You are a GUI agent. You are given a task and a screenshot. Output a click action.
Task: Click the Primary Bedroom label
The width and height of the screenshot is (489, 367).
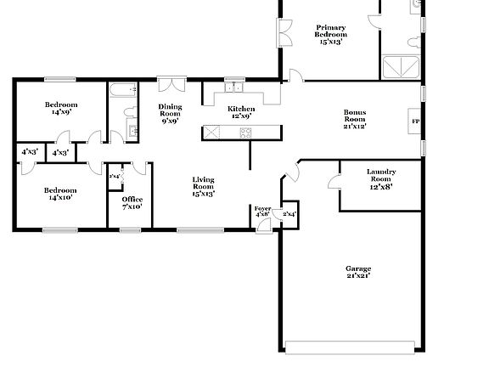point(331,34)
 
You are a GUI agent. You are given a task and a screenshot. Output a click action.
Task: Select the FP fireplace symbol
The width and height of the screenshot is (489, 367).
point(415,121)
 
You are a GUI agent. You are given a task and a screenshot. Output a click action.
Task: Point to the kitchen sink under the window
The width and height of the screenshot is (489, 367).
point(233,88)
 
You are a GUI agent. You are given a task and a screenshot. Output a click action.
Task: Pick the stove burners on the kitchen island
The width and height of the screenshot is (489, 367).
point(245,133)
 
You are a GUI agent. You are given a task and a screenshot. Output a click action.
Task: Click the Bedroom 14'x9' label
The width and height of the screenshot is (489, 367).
point(60,107)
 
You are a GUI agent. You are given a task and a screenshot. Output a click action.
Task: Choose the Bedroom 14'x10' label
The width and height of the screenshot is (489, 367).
point(60,194)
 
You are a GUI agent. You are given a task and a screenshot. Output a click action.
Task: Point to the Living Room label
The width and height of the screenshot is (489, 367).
point(203,186)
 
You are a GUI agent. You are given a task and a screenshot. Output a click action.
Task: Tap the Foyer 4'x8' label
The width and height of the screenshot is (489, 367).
point(263,211)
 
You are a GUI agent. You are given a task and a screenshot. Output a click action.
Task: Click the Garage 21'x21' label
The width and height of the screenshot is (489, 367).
point(358,272)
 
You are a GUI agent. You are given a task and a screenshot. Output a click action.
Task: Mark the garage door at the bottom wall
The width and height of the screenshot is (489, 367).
point(351,347)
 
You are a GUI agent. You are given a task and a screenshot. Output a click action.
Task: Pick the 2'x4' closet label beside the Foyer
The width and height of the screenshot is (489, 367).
point(289,214)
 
